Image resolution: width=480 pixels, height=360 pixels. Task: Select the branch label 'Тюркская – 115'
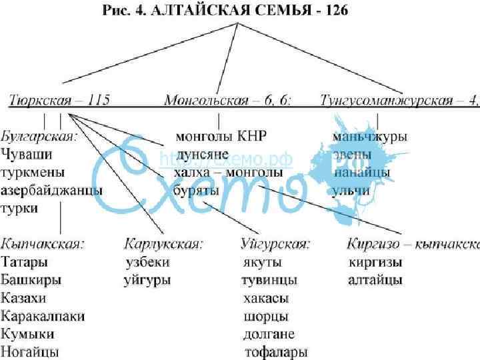pyautogui.click(x=60, y=101)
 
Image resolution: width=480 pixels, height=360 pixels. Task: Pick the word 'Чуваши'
pyautogui.click(x=27, y=155)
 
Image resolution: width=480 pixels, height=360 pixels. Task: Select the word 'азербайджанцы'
pyautogui.click(x=51, y=191)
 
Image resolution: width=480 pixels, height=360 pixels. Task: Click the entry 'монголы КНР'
pyautogui.click(x=221, y=137)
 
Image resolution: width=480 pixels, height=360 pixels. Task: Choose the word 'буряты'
pyautogui.click(x=196, y=191)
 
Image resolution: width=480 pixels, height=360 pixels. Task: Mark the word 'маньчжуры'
pyautogui.click(x=370, y=137)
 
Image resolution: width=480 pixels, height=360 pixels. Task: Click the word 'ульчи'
pyautogui.click(x=351, y=191)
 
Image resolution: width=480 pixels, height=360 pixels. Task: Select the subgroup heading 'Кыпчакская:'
pyautogui.click(x=43, y=244)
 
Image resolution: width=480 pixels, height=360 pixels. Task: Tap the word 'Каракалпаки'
pyautogui.click(x=43, y=316)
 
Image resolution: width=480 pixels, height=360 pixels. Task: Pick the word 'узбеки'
pyautogui.click(x=147, y=262)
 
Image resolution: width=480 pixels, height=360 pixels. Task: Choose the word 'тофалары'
pyautogui.click(x=276, y=351)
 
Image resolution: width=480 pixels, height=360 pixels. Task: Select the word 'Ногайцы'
pyautogui.click(x=30, y=351)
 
